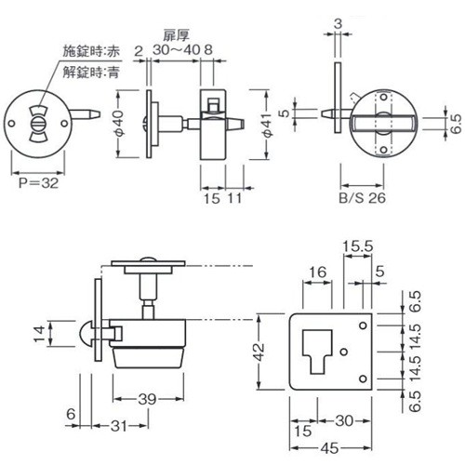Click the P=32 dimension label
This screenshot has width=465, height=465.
point(38,183)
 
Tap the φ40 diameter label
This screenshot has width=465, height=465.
point(120,123)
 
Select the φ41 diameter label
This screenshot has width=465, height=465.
point(268,125)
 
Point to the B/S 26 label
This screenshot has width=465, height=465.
point(363,198)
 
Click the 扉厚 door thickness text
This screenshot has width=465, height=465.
point(176,36)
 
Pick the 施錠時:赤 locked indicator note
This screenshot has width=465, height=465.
point(91,51)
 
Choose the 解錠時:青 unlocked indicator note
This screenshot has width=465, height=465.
point(91,73)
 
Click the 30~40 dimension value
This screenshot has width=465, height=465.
point(177,49)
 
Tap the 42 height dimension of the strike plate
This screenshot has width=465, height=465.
point(259,352)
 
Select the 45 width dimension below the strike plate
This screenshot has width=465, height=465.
point(330,448)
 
